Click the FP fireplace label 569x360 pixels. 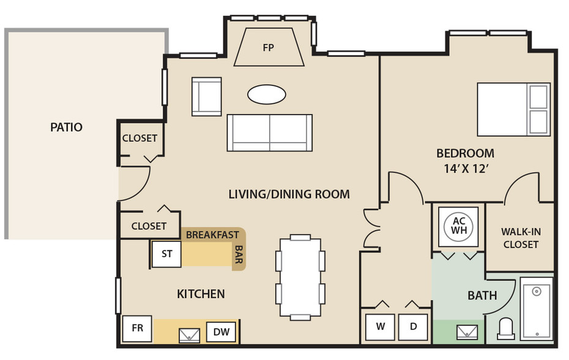pos(269,48)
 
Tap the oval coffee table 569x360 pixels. pos(267,94)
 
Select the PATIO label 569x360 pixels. pos(67,127)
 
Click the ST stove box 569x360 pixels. pos(166,254)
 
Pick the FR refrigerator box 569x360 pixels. pos(137,328)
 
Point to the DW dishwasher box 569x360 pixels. pos(221,332)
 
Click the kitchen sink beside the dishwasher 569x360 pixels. pos(190,336)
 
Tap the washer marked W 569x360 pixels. pos(380,326)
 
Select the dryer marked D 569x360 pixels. pos(414,326)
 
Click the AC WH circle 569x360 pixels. pos(459,225)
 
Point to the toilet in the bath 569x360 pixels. pos(506,329)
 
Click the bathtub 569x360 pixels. pos(537,309)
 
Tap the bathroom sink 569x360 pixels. pos(467,332)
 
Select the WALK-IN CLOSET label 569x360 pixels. pos(521,238)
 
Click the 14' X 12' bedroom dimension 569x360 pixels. pos(466,169)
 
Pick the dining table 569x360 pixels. pos(300,277)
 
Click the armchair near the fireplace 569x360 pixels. pos(206,97)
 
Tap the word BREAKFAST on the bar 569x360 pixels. pos(213,235)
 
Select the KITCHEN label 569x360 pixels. pos(201,294)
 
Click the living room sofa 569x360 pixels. pos(270,133)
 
